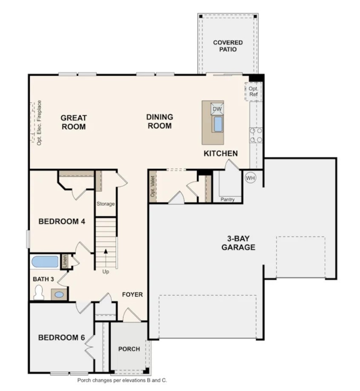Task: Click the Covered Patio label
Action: pyautogui.click(x=228, y=46)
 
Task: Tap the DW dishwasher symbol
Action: pyautogui.click(x=217, y=109)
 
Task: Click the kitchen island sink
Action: pyautogui.click(x=217, y=124)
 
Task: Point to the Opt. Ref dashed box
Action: pyautogui.click(x=254, y=91)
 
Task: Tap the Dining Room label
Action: pyautogui.click(x=160, y=121)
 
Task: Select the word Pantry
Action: pyautogui.click(x=227, y=199)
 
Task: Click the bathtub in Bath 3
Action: pyautogui.click(x=45, y=262)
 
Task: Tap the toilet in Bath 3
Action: pyautogui.click(x=39, y=293)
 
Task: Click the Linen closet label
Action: pyautogui.click(x=65, y=261)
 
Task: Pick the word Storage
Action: pyautogui.click(x=106, y=204)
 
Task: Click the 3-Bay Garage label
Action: pyautogui.click(x=238, y=243)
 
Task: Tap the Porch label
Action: pyautogui.click(x=129, y=349)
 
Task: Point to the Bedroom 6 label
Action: pyautogui.click(x=59, y=337)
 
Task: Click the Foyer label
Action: pyautogui.click(x=133, y=294)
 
